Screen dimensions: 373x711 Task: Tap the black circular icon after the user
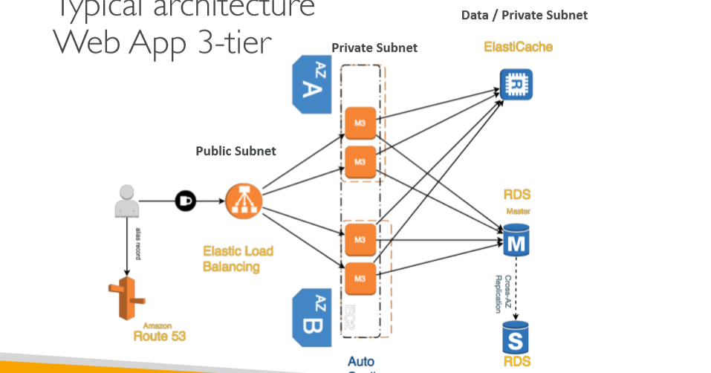[185, 201]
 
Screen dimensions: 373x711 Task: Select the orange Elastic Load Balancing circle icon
[239, 199]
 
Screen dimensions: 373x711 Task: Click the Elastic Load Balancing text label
[238, 259]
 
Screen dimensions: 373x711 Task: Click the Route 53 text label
[159, 336]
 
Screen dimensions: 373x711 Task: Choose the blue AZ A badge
[311, 84]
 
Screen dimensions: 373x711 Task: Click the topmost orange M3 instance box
[360, 123]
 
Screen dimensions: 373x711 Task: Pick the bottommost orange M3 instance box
[360, 278]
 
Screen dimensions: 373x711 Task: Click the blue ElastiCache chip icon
[516, 84]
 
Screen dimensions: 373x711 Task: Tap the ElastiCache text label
[518, 47]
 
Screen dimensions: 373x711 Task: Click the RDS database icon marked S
[516, 338]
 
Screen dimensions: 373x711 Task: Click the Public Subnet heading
[236, 151]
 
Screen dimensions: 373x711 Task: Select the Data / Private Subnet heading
[524, 15]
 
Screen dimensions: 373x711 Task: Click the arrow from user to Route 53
[127, 245]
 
